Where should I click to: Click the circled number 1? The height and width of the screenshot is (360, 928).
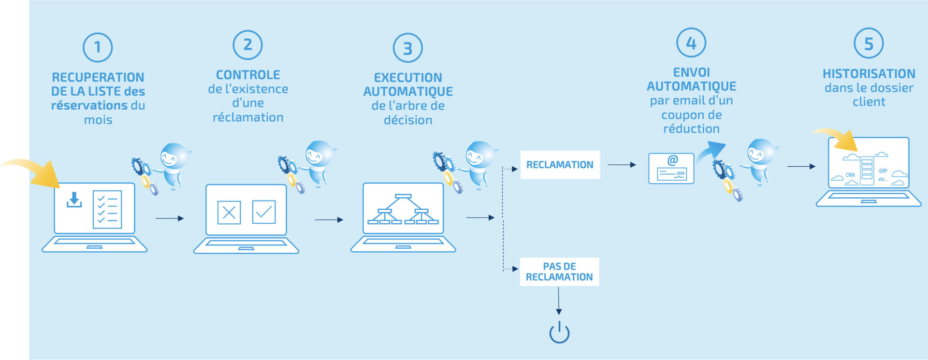(x=98, y=47)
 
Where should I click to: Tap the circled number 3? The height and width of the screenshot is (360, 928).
(x=407, y=48)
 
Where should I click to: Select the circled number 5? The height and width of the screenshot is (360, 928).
(x=869, y=43)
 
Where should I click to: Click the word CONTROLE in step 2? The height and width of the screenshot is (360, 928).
(x=248, y=75)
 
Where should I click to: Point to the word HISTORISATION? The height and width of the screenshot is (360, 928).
(x=869, y=74)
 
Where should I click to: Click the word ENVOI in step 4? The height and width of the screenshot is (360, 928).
(x=691, y=72)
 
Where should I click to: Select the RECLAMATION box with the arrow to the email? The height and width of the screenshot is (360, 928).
(x=560, y=165)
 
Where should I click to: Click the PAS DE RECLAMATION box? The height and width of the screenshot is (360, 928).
(x=559, y=272)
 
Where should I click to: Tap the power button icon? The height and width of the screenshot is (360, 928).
(x=559, y=332)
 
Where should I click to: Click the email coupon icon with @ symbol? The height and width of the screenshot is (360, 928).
(x=671, y=168)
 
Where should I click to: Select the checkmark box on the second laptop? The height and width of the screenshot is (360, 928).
(x=264, y=212)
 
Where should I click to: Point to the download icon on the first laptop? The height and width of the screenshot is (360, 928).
(x=74, y=200)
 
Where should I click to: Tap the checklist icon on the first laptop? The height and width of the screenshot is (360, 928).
(x=107, y=210)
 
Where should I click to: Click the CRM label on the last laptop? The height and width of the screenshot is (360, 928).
(x=850, y=175)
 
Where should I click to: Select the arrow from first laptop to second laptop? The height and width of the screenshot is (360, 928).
(x=169, y=218)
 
